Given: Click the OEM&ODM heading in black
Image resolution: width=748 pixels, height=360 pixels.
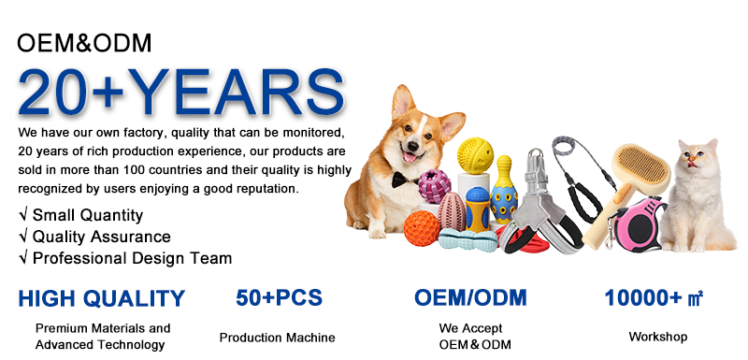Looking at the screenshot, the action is click(x=84, y=43).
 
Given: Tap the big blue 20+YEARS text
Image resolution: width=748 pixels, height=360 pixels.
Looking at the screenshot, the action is click(x=180, y=93).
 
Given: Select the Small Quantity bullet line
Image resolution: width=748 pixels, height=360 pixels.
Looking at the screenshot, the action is click(x=80, y=215).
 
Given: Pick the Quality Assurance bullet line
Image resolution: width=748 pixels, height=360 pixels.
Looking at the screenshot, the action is click(x=94, y=237).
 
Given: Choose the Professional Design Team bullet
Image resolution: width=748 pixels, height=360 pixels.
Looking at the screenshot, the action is click(x=125, y=258).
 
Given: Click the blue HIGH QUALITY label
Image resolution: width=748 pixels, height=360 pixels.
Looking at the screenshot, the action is click(x=101, y=298).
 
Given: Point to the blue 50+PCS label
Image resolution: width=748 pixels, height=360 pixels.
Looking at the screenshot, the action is click(x=279, y=297).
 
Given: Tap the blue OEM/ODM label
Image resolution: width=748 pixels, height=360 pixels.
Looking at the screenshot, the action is click(x=470, y=297).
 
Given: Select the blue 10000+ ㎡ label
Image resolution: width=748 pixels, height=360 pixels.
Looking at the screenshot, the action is click(x=654, y=298).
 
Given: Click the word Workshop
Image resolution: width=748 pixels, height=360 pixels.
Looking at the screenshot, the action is click(x=658, y=337).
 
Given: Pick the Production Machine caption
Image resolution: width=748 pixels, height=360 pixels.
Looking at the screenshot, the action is click(x=277, y=338).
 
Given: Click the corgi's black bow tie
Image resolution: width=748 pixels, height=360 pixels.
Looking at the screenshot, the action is click(x=401, y=179).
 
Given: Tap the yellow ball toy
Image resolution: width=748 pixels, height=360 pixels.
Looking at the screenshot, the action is click(x=475, y=155).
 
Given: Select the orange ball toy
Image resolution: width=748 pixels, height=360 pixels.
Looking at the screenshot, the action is click(x=422, y=228).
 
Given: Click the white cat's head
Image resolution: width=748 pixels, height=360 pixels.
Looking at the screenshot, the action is click(x=697, y=161).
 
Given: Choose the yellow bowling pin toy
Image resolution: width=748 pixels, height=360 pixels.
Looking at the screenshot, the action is click(x=504, y=190).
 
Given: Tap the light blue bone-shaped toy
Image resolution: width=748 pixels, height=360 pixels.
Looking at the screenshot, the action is click(x=468, y=239).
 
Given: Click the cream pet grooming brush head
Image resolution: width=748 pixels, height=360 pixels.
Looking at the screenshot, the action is click(x=640, y=169).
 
